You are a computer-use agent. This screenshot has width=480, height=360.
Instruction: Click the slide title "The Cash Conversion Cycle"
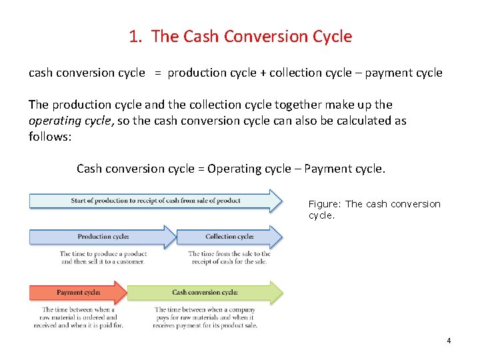(x=251, y=37)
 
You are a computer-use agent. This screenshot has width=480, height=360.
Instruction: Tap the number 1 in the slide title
(x=134, y=37)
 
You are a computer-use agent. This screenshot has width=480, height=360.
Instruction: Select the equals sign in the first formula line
(x=157, y=73)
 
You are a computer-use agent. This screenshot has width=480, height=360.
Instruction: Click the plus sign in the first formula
(x=264, y=73)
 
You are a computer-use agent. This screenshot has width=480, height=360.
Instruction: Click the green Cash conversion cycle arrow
(x=205, y=293)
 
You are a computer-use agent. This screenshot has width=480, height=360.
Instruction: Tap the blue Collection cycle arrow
(x=229, y=237)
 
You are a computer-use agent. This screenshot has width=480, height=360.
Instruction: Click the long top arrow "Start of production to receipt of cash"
(x=155, y=201)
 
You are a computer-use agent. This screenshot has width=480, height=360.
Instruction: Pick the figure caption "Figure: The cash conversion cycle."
(x=374, y=210)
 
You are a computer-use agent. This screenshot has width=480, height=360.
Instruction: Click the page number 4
(x=449, y=341)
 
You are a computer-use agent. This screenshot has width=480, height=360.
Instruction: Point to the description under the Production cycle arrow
(x=103, y=257)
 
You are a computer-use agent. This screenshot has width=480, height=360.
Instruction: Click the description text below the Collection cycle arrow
(x=229, y=257)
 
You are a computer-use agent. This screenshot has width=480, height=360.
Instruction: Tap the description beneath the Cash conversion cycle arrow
(x=205, y=317)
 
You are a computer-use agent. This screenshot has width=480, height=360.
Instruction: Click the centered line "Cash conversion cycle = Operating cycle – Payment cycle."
(x=231, y=169)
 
